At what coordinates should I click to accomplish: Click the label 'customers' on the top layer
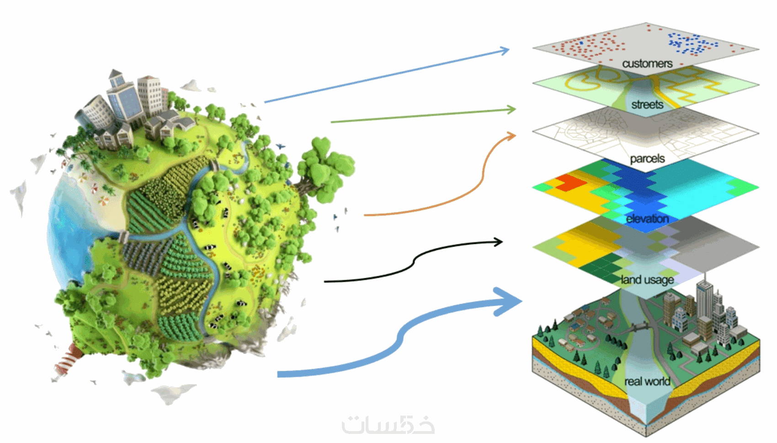point(647,64)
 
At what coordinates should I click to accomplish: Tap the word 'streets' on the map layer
point(647,105)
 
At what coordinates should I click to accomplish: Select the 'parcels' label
point(647,159)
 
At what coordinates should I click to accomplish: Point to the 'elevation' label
point(647,219)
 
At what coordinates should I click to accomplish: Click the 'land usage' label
point(647,280)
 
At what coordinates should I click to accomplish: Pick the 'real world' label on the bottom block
point(647,381)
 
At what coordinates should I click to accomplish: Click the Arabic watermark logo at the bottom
point(388,425)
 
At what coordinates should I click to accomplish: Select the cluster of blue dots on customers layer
point(692,44)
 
